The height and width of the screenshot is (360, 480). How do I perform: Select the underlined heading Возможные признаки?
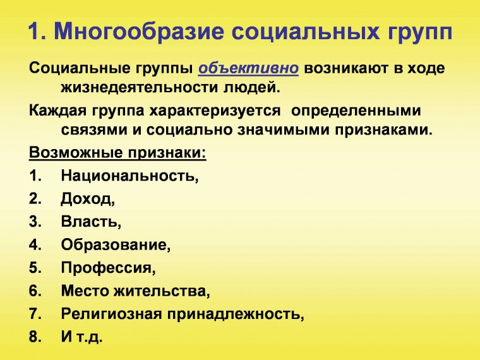pyautogui.click(x=118, y=153)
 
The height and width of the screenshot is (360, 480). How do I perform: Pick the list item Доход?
pyautogui.click(x=88, y=199)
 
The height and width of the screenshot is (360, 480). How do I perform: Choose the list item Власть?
pyautogui.click(x=91, y=222)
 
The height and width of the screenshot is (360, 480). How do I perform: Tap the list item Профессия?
pyautogui.click(x=108, y=267)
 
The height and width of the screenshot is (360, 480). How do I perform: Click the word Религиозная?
pyautogui.click(x=114, y=313)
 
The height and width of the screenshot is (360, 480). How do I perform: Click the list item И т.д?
pyautogui.click(x=81, y=337)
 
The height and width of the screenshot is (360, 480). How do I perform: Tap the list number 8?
pyautogui.click(x=35, y=337)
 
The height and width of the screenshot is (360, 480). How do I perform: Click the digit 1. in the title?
pyautogui.click(x=37, y=32)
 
